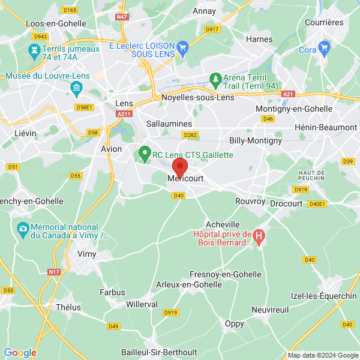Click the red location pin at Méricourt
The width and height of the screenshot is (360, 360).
pos(180,167)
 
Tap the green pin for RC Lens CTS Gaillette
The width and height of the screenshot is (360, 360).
pos(145,154)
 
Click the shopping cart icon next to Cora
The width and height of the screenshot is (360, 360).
pos(325,47)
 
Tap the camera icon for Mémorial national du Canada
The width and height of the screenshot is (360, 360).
pos(23,228)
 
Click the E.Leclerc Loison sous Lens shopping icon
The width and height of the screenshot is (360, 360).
pos(184,46)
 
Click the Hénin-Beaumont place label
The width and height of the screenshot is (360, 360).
pos(326,127)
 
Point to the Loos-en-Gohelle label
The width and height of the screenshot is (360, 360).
pos(56,23)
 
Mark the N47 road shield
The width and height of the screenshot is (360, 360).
pos(122,18)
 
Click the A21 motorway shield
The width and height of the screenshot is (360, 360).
pos(289,94)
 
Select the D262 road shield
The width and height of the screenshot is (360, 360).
pos(190,136)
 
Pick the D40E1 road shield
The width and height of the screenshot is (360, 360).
pos(317,204)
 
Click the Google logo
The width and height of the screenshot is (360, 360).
pos(20,353)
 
